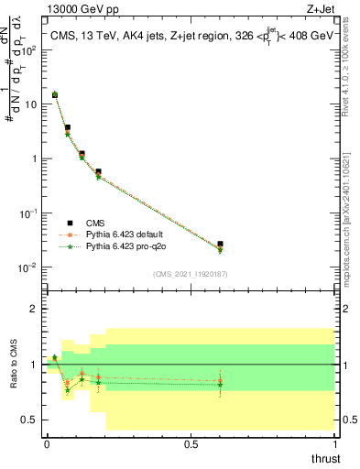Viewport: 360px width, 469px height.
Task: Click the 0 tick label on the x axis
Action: [47, 443]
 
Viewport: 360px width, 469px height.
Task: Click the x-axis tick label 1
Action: [334, 443]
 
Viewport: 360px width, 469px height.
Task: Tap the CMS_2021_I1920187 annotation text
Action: [190, 274]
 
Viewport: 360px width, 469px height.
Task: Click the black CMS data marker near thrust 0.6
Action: [220, 245]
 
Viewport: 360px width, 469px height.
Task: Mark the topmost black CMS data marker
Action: [55, 94]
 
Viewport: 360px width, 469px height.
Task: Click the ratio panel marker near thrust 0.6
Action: [220, 382]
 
